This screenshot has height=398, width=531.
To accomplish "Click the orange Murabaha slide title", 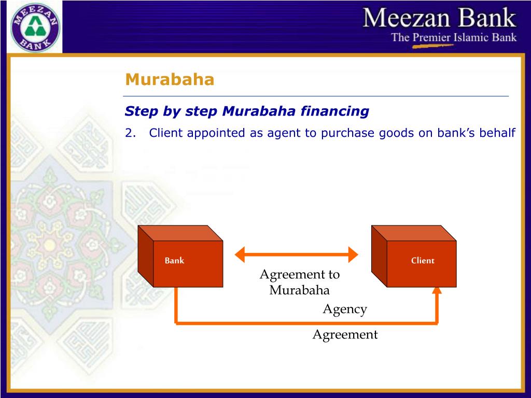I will coord(170,80).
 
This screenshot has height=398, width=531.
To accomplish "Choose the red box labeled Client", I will coord(414,259).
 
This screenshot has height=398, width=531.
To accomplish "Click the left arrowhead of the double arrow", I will coord(240,254).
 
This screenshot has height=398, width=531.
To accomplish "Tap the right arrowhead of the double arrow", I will coord(353,254).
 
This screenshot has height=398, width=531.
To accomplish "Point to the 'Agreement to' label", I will coord(299,274).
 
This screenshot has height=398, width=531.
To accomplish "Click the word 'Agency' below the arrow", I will coord(345,309).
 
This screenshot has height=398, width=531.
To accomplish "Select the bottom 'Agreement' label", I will coord(345,335).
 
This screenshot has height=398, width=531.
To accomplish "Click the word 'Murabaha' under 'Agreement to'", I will coord(299,290).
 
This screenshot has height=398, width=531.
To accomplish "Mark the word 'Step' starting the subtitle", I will coord(137,111).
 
